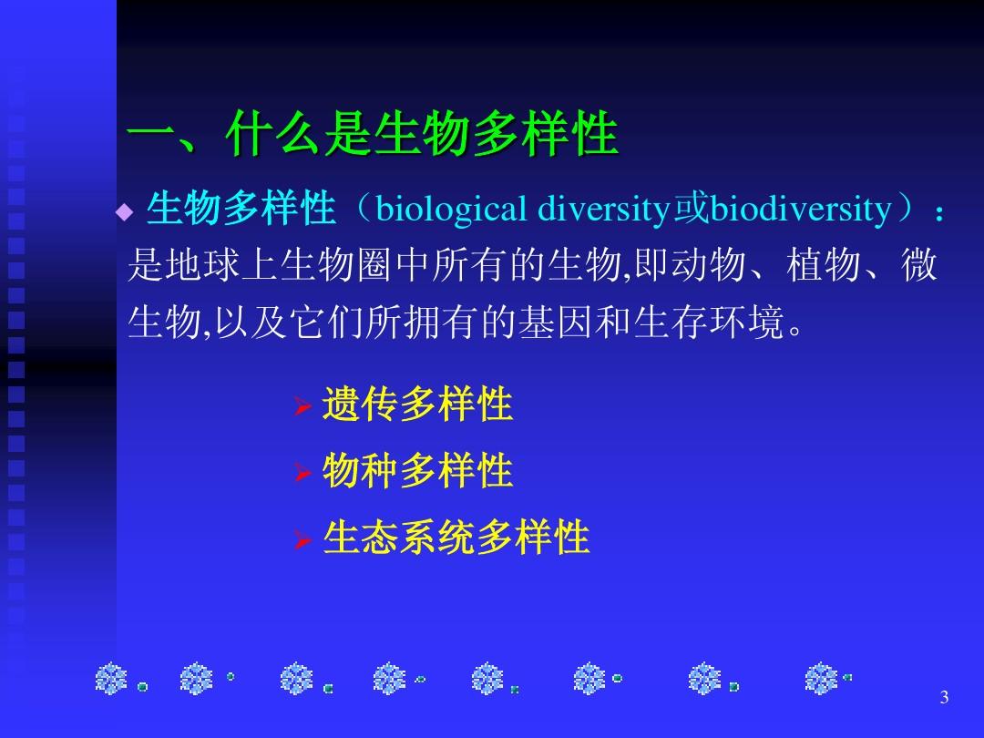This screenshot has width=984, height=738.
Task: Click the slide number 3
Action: (944, 697)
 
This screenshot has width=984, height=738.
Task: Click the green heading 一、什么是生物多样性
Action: (373, 133)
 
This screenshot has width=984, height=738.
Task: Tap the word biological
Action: (451, 210)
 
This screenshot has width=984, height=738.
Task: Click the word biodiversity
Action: (801, 210)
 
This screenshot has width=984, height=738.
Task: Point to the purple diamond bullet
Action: (125, 212)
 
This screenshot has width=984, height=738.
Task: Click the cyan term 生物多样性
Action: (241, 209)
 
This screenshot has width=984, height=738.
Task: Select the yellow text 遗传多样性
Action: (417, 404)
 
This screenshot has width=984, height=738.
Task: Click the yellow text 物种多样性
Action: (417, 471)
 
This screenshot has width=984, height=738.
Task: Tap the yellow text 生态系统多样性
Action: (456, 538)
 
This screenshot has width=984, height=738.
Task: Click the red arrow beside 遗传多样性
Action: (303, 406)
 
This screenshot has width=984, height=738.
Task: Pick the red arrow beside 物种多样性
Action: (303, 473)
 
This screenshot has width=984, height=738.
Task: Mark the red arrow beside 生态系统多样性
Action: (303, 539)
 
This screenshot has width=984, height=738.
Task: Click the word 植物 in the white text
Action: (824, 265)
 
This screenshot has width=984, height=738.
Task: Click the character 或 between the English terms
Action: (691, 209)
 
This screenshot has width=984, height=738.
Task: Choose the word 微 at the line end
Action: (919, 265)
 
